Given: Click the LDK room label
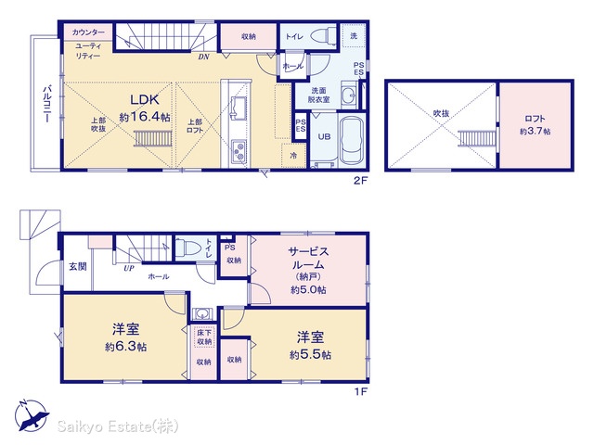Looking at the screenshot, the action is [145, 100].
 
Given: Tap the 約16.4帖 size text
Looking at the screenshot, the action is [145, 117].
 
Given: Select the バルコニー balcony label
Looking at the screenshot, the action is [47, 104].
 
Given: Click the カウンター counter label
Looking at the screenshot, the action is [88, 32].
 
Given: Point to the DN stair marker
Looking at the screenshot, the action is [203, 57].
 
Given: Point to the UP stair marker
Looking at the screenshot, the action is [129, 268].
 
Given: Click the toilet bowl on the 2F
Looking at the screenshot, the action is [323, 36].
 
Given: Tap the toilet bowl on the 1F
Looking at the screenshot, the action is [187, 248].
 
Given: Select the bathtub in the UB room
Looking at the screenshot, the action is [353, 140].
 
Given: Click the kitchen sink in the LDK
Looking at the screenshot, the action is [239, 108].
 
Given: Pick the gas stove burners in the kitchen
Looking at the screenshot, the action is [239, 151].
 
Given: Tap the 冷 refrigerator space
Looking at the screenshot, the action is [293, 156].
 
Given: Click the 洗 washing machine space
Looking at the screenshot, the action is [354, 35].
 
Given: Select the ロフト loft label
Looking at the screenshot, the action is [535, 120].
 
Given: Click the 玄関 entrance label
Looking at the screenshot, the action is [78, 266].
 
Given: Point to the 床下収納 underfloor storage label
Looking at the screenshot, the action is [204, 337].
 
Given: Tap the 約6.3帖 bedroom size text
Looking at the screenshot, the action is [126, 347].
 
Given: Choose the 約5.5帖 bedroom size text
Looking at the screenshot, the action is [311, 354].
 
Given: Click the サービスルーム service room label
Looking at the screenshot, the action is [308, 258].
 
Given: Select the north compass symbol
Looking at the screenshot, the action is [32, 415].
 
